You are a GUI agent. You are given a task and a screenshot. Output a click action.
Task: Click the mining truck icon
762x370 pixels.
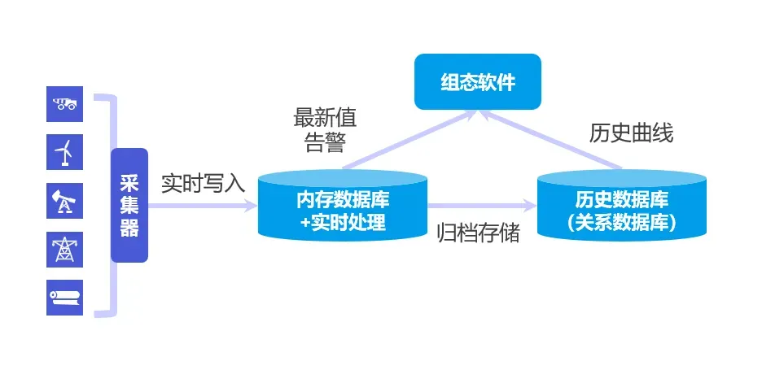[64, 103]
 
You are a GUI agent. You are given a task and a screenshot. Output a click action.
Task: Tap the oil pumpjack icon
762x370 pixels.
[64, 200]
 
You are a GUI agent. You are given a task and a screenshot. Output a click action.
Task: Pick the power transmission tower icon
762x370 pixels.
[64, 249]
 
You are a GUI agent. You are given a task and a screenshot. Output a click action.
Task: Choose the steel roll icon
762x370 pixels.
[64, 297]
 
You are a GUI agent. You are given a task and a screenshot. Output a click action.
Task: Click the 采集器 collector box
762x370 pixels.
[129, 205]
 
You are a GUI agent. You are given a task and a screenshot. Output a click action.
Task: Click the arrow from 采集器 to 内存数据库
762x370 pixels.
[204, 207]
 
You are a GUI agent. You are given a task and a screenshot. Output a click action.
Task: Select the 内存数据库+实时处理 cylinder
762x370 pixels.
[343, 205]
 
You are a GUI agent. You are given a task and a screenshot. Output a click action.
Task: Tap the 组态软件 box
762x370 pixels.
[478, 81]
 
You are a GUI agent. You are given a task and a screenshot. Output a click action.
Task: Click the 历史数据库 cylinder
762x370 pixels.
[622, 205]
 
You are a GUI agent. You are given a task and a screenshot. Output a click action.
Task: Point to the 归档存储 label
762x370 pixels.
[479, 233]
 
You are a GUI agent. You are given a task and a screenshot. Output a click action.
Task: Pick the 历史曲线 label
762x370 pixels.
[631, 133]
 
